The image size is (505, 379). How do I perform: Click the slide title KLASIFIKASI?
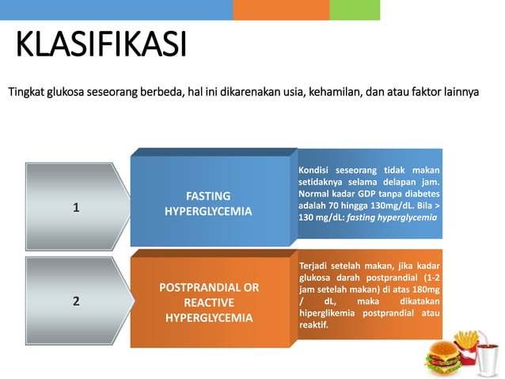click(x=101, y=45)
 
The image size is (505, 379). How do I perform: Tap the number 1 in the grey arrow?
click(x=76, y=208)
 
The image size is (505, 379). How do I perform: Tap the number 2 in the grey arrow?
click(x=76, y=301)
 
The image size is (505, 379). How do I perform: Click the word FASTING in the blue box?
click(x=208, y=196)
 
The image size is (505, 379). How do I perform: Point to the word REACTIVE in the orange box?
click(x=208, y=302)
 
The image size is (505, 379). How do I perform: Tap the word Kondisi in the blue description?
click(x=315, y=171)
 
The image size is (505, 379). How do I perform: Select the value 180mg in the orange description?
click(x=425, y=290)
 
